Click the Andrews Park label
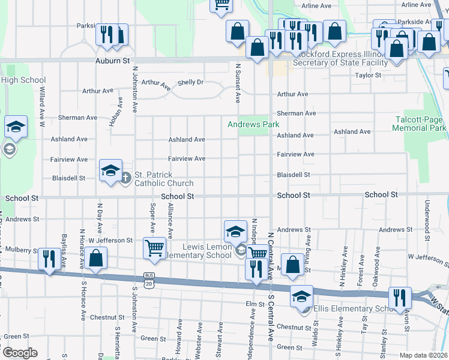253,124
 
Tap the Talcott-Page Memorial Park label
419,124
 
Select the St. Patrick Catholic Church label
163,179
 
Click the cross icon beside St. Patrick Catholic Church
126,177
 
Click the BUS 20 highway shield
148,276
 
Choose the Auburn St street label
113,61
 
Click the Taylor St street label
368,76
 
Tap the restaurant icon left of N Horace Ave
49,259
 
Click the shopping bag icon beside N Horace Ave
96,259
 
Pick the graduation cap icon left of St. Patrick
110,171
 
